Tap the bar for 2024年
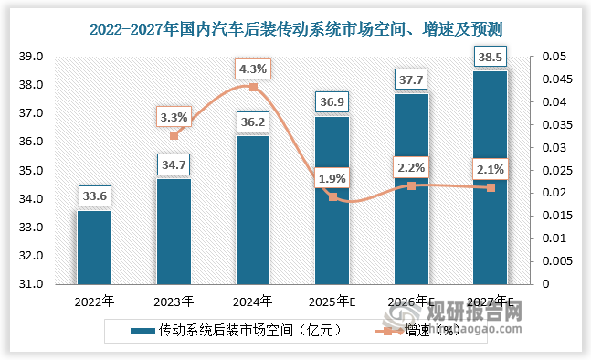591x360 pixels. point(253,210)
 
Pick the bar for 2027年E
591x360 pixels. point(491,177)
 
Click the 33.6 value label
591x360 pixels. point(94,196)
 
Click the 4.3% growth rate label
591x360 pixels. point(253,68)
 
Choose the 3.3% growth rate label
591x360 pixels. point(174,117)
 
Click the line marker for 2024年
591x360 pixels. point(253,88)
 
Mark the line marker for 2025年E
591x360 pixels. point(332,196)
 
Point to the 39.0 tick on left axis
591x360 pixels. point(31,57)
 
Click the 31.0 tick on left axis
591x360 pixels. point(31,284)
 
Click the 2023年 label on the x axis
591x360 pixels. point(174,300)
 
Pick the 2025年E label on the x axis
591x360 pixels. point(332,300)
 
